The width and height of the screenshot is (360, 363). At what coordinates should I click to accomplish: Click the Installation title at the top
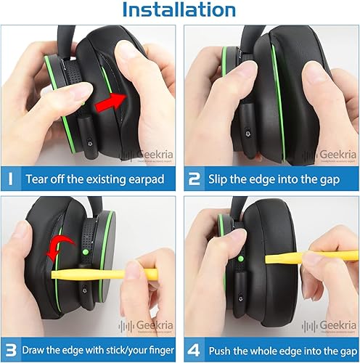pos(180,10)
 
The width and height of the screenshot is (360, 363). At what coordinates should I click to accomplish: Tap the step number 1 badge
pos(12,178)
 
